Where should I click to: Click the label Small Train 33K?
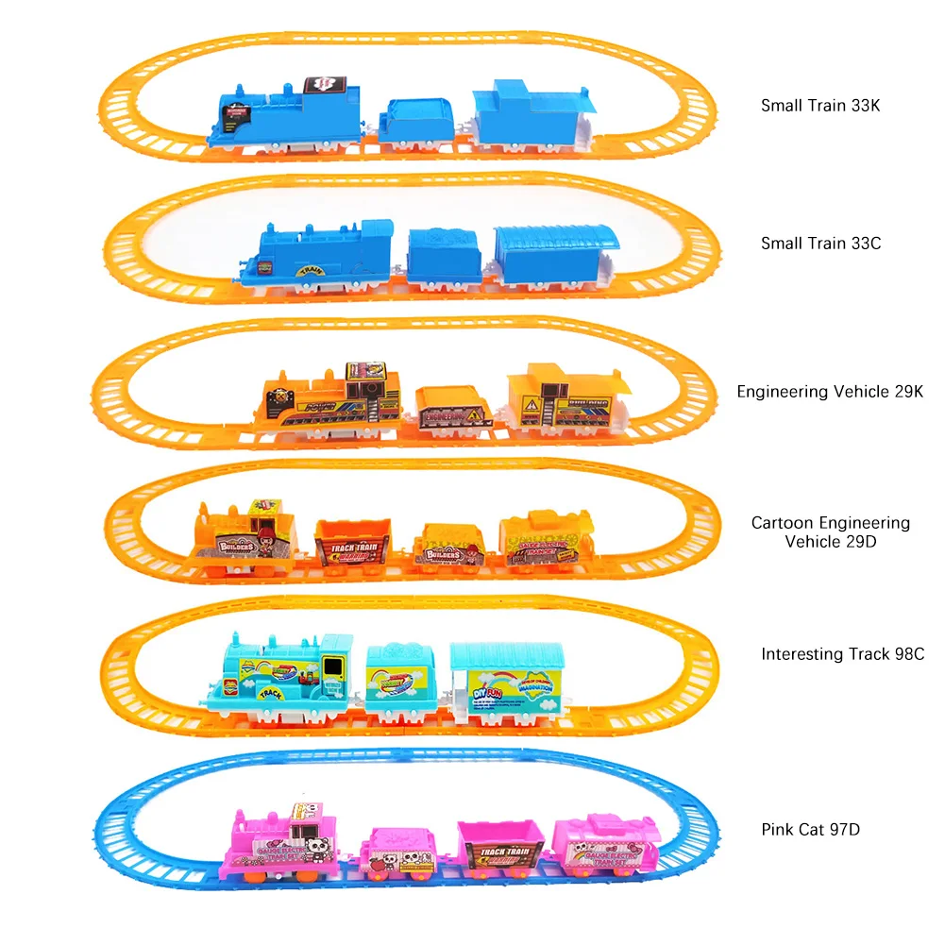[819, 106]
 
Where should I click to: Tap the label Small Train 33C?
[820, 244]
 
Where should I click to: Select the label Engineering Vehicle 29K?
[830, 391]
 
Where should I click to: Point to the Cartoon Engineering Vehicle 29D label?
[830, 532]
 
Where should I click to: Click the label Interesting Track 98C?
[842, 653]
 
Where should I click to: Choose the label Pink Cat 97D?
[810, 830]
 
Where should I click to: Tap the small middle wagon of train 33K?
[418, 123]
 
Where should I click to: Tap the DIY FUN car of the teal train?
[506, 681]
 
